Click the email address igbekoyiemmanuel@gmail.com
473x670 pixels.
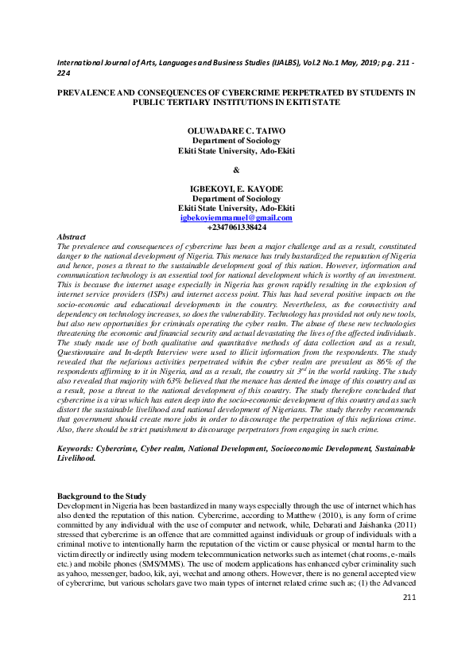[x=236, y=218]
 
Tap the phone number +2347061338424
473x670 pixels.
[x=236, y=228]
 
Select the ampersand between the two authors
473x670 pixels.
[x=236, y=169]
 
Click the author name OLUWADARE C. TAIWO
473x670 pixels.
[x=236, y=130]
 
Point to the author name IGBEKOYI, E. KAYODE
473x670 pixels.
[x=236, y=189]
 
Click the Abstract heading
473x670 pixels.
[x=72, y=237]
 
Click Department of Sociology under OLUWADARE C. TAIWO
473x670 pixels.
[x=236, y=140]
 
